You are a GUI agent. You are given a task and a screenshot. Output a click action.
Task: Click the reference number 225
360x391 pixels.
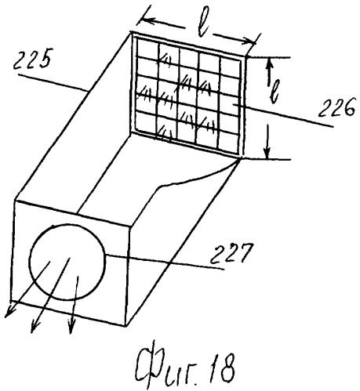coord(32,59)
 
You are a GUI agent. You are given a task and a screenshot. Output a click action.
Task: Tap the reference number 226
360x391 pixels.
coord(336,107)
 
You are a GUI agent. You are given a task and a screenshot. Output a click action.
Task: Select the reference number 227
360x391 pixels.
coord(231,253)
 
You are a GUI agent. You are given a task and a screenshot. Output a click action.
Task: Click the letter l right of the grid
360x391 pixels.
coord(274,92)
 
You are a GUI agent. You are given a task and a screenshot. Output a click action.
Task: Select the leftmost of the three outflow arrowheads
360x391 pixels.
coord(9,312)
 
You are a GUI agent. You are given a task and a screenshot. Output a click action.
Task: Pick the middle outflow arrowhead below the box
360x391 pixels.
coord(34,327)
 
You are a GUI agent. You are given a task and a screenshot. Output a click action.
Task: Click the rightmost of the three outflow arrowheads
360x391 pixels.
coord(71,327)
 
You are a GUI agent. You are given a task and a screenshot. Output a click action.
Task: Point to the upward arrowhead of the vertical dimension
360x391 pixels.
coord(269,64)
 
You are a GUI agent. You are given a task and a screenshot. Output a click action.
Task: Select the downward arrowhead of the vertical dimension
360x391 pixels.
coord(267,153)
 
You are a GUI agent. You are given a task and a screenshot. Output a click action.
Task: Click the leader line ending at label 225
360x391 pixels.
coord(53,83)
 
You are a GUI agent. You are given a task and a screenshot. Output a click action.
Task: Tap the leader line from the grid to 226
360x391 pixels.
coord(283,115)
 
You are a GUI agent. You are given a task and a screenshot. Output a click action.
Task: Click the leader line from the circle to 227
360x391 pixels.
coord(165,262)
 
